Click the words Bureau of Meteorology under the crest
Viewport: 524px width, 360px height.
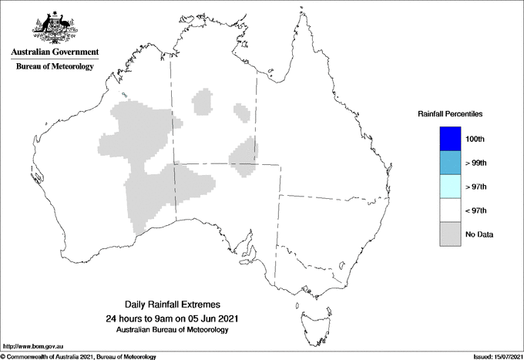pyautogui.click(x=54, y=67)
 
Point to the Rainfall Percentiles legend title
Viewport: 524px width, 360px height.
pyautogui.click(x=450, y=114)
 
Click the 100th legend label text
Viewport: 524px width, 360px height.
pyautogui.click(x=475, y=139)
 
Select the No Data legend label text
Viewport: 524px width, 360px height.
pyautogui.click(x=479, y=234)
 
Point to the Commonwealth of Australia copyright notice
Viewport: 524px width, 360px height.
pyautogui.click(x=80, y=356)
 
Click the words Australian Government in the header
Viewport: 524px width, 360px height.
pyautogui.click(x=54, y=52)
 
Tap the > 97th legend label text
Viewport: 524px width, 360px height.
pyautogui.click(x=476, y=187)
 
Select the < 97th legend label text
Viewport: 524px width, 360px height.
pyautogui.click(x=476, y=210)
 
